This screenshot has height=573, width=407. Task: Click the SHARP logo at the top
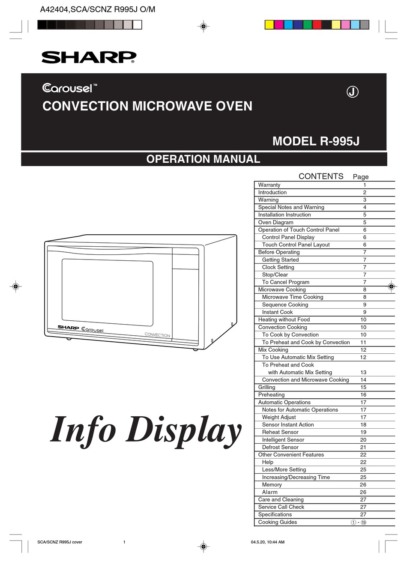click(x=89, y=57)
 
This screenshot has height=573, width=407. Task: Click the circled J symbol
click(x=353, y=92)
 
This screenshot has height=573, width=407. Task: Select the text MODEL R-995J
click(x=316, y=141)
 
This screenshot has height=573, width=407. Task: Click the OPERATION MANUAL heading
click(x=203, y=159)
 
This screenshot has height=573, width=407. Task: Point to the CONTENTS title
click(x=321, y=176)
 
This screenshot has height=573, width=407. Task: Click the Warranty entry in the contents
click(x=269, y=185)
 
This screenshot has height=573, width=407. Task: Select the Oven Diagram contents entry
click(x=275, y=222)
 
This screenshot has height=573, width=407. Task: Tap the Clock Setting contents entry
click(x=278, y=267)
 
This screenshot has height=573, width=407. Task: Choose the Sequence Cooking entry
click(x=285, y=304)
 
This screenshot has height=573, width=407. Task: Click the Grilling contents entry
click(x=267, y=387)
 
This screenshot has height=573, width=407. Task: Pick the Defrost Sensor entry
click(x=280, y=447)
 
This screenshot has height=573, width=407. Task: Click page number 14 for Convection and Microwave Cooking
click(x=363, y=380)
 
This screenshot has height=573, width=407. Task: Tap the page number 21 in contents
click(x=363, y=448)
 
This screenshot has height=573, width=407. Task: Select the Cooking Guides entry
click(x=278, y=522)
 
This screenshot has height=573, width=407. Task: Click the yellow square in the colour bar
click(x=269, y=25)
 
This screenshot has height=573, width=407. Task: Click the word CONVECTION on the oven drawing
click(x=157, y=335)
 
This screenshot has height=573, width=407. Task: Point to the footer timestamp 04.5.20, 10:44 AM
click(x=267, y=542)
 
